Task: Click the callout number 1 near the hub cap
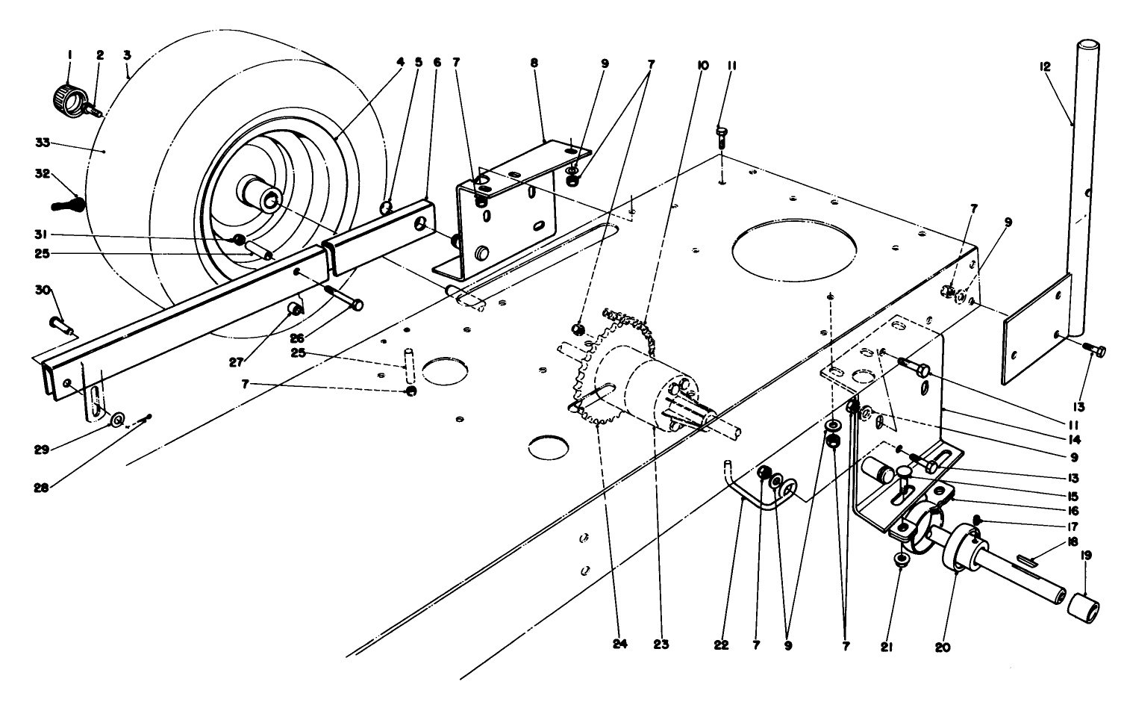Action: [x=69, y=55]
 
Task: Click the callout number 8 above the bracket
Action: [x=534, y=63]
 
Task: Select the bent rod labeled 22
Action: [x=746, y=493]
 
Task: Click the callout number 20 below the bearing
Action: [x=943, y=647]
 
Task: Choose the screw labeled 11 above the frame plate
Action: [x=721, y=135]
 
